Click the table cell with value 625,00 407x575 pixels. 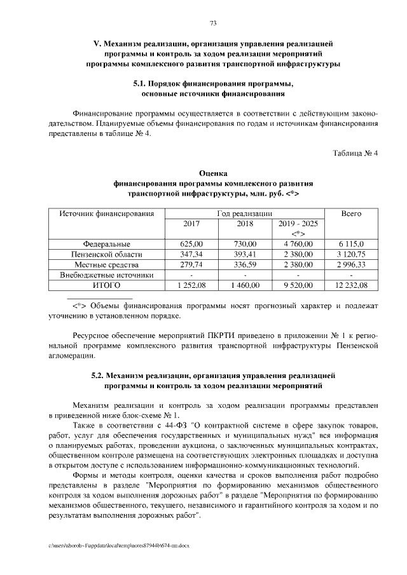pyautogui.click(x=191, y=243)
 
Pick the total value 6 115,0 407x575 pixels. pyautogui.click(x=351, y=243)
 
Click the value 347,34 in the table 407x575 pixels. pyautogui.click(x=191, y=254)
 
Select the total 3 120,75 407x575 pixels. pyautogui.click(x=351, y=254)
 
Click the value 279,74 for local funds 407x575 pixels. pyautogui.click(x=191, y=264)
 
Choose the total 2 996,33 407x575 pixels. pyautogui.click(x=351, y=264)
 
